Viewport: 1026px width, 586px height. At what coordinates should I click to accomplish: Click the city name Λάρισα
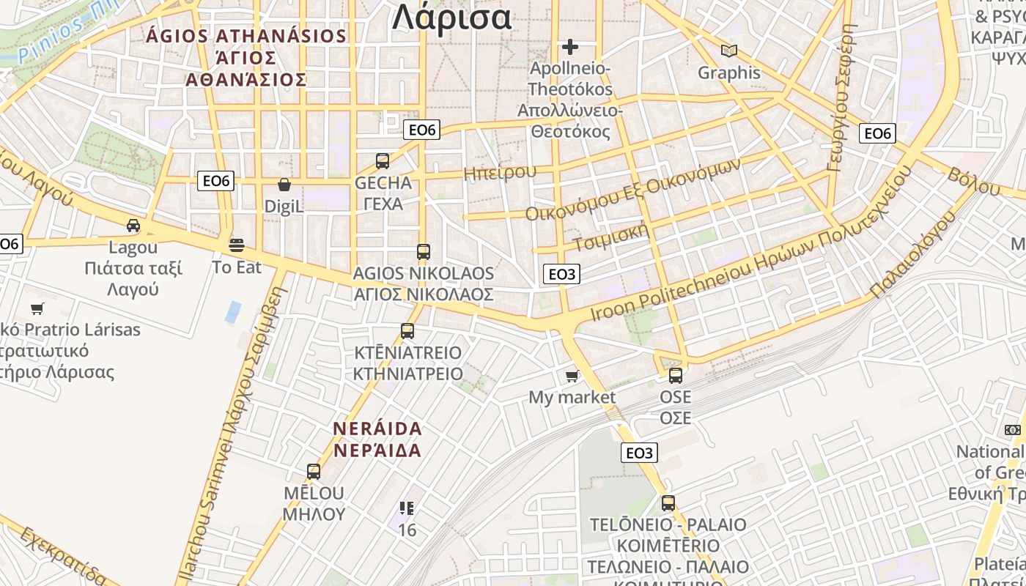(x=451, y=18)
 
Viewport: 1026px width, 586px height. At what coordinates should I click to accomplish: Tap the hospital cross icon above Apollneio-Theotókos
(x=570, y=48)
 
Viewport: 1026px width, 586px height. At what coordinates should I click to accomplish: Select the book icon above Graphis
(x=728, y=51)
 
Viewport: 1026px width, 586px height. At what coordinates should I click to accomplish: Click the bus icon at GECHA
(x=383, y=161)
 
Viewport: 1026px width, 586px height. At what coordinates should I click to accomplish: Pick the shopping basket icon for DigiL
(x=284, y=185)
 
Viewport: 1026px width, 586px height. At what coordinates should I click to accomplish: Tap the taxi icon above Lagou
(x=133, y=226)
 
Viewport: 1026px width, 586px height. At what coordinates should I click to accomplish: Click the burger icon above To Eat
(x=236, y=245)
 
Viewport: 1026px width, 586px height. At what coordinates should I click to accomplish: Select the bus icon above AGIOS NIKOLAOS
(x=423, y=252)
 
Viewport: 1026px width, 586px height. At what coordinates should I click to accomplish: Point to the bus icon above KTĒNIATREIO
(x=407, y=331)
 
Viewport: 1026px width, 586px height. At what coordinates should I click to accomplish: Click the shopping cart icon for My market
(x=572, y=377)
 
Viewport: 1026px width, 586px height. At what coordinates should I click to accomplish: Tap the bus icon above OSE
(x=675, y=376)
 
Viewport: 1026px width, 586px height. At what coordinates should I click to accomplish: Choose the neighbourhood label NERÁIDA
(x=377, y=428)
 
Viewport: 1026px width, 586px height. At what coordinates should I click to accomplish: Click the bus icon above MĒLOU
(x=314, y=472)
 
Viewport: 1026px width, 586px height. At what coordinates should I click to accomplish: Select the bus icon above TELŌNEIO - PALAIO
(x=668, y=503)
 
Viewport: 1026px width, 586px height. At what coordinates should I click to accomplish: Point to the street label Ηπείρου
(x=500, y=173)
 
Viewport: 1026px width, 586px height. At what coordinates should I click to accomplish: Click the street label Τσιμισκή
(x=612, y=236)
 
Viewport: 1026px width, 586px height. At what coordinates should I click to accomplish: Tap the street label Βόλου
(x=974, y=182)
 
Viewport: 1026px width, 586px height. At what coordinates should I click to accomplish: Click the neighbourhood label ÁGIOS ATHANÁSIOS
(x=246, y=36)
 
